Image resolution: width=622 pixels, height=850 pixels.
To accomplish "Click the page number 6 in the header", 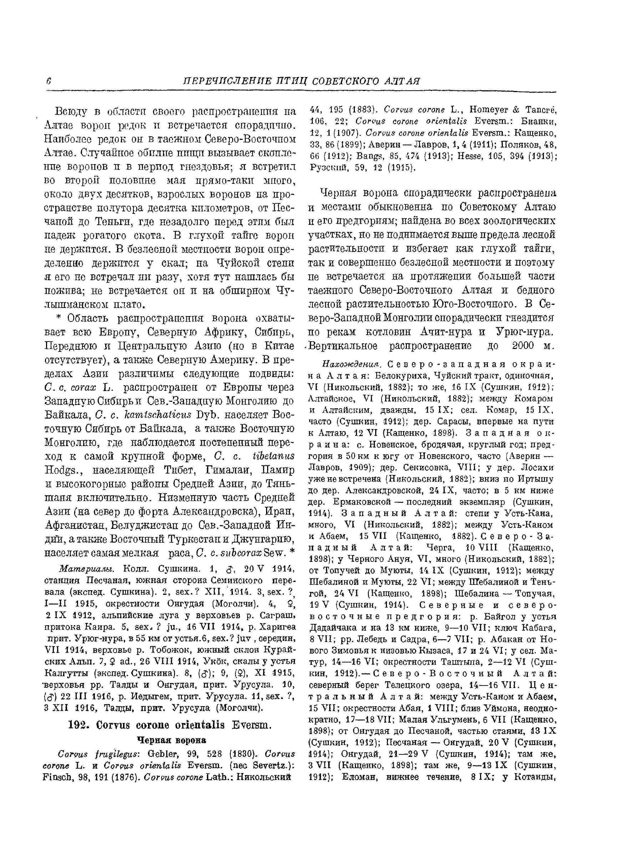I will (49, 81).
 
